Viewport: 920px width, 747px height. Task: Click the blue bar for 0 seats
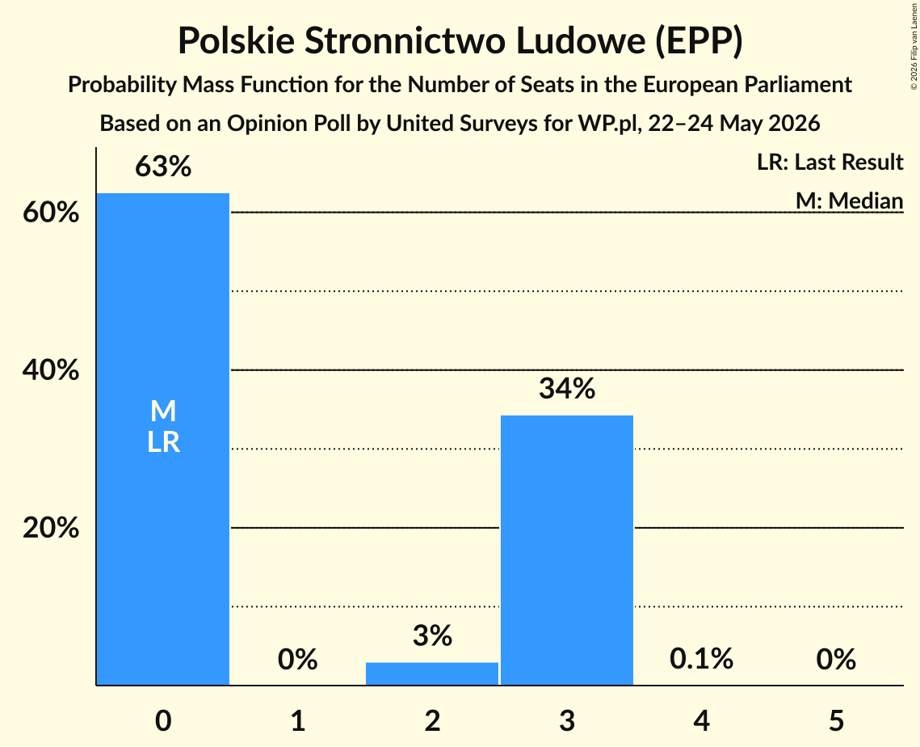click(x=163, y=439)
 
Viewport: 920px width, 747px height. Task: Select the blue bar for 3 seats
click(x=567, y=550)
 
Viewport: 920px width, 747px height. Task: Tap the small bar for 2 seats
click(x=432, y=673)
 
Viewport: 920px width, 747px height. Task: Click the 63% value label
click(x=163, y=167)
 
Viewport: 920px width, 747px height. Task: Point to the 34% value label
click(x=567, y=389)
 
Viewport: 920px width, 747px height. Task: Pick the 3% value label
click(x=432, y=636)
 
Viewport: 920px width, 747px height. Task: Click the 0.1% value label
click(x=701, y=659)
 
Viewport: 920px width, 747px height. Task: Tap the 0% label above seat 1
click(x=297, y=659)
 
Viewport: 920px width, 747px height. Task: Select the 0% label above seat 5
click(x=836, y=659)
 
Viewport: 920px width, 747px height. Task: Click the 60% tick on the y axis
click(x=51, y=212)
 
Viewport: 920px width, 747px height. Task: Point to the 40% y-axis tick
click(x=51, y=370)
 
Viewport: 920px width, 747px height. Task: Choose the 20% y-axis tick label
click(x=51, y=528)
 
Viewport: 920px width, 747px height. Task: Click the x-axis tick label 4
click(x=701, y=720)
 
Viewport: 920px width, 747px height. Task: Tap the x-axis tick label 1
click(x=298, y=720)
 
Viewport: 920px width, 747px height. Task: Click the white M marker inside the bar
click(x=163, y=411)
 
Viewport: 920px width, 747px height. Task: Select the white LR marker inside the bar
click(x=163, y=442)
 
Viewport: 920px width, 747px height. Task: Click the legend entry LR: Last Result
click(x=830, y=162)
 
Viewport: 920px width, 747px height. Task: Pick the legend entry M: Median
click(x=849, y=200)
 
